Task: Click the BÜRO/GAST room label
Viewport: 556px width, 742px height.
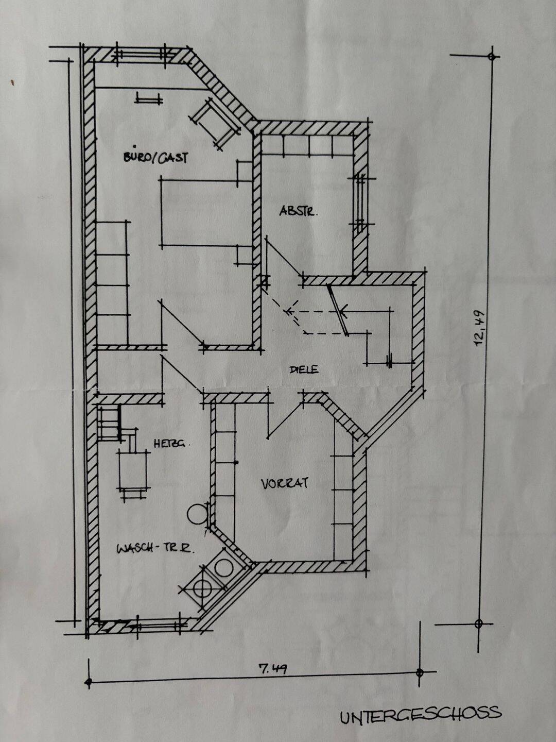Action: tap(155, 158)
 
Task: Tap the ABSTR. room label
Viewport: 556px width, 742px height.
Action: tap(298, 211)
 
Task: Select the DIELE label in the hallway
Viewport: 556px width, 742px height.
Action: tap(304, 369)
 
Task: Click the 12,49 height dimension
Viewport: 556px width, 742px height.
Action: tap(479, 329)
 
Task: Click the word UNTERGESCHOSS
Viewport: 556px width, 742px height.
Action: tap(421, 712)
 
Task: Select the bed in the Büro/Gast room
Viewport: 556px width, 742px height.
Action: tap(206, 212)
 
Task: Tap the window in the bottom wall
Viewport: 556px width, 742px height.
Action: tap(158, 625)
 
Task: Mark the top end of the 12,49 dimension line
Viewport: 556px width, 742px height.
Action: tap(492, 57)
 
